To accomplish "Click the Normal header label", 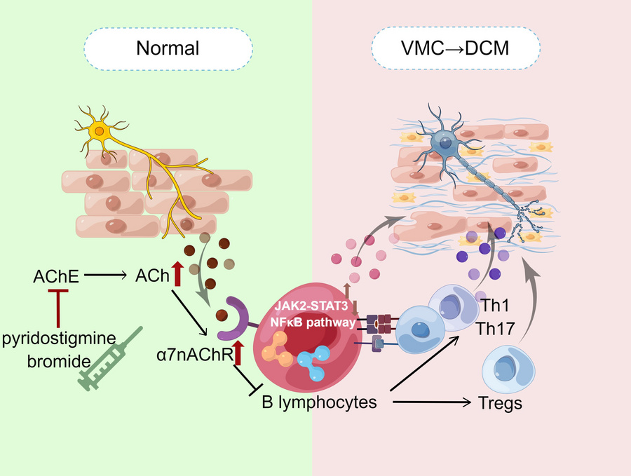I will click(x=168, y=48).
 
